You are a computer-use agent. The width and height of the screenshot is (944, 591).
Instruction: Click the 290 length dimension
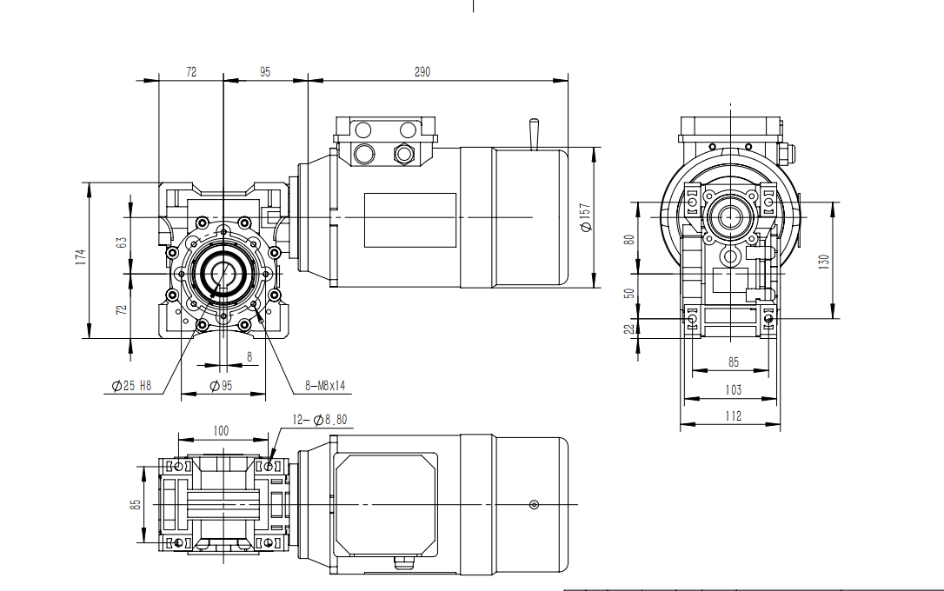coord(422,72)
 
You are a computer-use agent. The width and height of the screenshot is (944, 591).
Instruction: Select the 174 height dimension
coord(80,257)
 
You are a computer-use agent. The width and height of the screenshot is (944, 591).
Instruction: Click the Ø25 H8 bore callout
coord(132,386)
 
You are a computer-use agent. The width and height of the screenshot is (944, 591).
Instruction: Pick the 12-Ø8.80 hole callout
coord(320,420)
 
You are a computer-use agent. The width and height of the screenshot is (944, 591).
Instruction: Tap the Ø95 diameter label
coord(221,386)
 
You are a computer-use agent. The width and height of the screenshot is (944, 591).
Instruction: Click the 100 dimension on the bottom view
coord(221,430)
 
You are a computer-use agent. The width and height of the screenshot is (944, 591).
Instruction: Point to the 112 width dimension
coord(733,416)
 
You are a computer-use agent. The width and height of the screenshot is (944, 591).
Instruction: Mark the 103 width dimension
coord(733,391)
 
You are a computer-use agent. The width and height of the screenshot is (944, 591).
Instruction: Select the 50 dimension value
coord(630,294)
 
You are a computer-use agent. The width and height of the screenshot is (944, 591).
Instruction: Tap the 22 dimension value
coord(630,327)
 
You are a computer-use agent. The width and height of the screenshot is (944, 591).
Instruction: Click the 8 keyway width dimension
coord(249,356)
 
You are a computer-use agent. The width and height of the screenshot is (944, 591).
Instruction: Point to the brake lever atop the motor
coord(532,134)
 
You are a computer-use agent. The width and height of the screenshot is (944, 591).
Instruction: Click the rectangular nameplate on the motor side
coord(409,218)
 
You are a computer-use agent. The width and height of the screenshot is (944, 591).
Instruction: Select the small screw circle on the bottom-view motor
coord(533,505)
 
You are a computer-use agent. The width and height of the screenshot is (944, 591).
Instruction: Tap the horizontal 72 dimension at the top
coord(191,72)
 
